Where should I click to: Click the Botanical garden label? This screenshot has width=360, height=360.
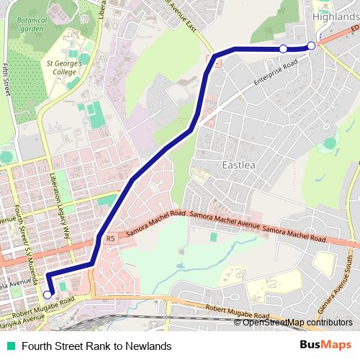point(33,24)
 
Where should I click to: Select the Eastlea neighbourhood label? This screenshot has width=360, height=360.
point(238,165)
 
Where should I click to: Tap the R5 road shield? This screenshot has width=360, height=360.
point(110,238)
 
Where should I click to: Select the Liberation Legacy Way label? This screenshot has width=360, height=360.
point(61,205)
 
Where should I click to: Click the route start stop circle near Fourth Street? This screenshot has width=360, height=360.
point(48,294)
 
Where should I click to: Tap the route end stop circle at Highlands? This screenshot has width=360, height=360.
point(311,45)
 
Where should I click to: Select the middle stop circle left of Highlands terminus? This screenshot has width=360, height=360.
point(283,48)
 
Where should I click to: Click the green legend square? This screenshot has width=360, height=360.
point(10,346)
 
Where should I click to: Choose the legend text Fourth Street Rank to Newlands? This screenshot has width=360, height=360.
point(96,346)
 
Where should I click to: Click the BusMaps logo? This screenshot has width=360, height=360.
point(325,346)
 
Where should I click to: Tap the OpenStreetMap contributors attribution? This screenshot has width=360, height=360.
point(297,323)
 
